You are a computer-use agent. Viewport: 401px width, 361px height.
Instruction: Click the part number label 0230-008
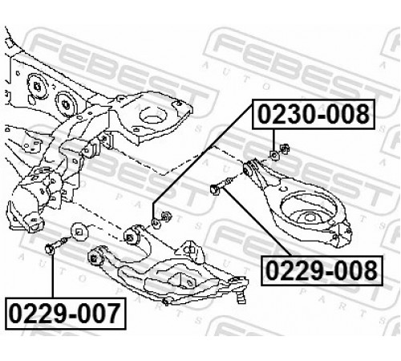tap(314, 114)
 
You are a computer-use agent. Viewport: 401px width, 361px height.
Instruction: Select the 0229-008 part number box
tap(322, 270)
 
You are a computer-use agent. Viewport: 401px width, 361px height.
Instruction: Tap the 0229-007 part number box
tap(65, 313)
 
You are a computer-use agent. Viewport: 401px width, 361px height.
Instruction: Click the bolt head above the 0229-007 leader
tap(50, 249)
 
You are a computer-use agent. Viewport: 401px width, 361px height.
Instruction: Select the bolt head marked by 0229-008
tap(215, 189)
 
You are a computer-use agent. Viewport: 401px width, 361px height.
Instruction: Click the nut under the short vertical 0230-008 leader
tap(274, 155)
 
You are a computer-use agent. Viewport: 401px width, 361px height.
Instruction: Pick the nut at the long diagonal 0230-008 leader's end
tap(156, 224)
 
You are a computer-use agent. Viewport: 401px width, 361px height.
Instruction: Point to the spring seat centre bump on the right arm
tap(308, 217)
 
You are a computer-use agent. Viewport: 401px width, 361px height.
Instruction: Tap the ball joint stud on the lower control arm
tap(241, 296)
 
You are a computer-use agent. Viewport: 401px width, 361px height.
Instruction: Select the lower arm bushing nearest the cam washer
tap(132, 236)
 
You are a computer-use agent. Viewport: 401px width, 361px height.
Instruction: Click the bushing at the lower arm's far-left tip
tap(95, 258)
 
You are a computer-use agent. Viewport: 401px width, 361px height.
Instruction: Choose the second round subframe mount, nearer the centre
tap(66, 105)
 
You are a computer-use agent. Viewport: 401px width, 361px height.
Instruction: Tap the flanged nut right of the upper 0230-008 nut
tap(285, 149)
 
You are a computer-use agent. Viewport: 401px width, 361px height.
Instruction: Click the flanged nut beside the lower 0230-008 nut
tap(166, 216)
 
